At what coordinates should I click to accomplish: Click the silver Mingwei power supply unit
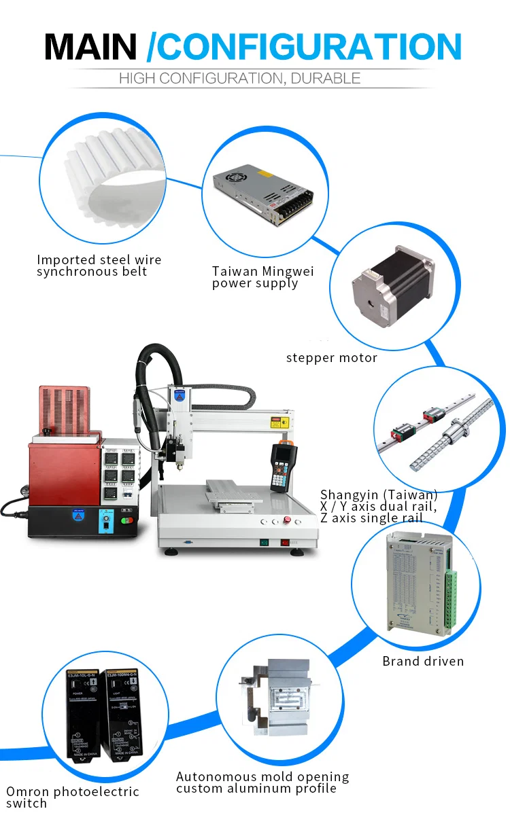click(263, 194)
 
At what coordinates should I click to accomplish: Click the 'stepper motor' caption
click(331, 358)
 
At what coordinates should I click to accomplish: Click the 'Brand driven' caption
click(423, 661)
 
